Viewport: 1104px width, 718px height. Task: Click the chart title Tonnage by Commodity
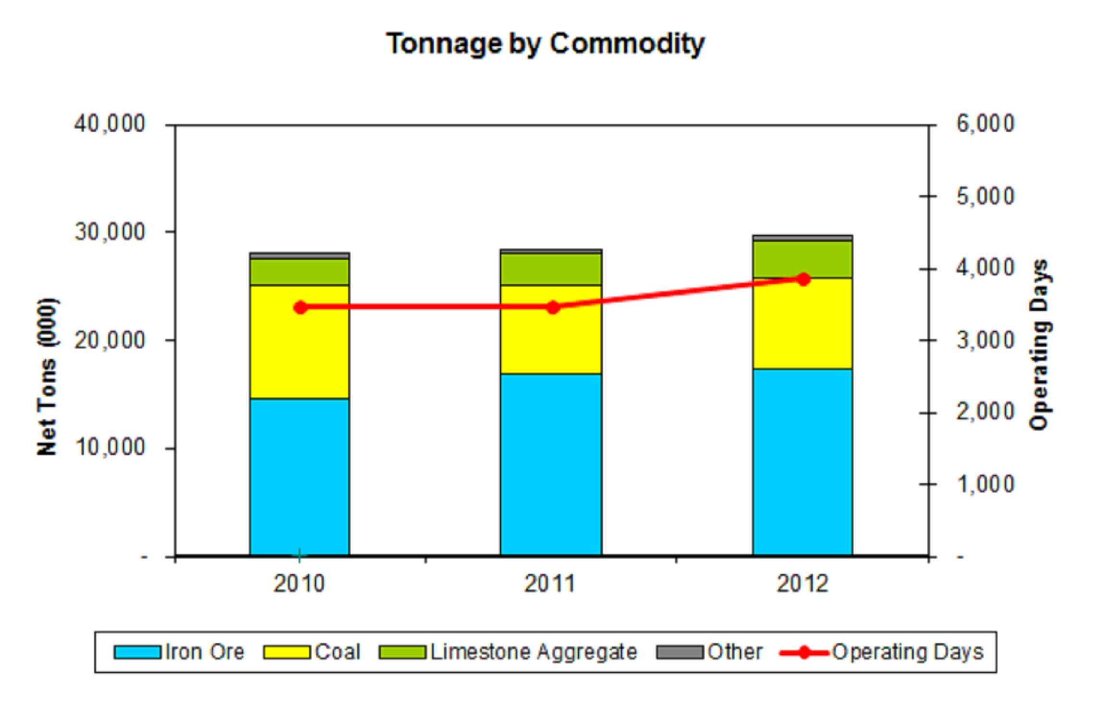point(545,44)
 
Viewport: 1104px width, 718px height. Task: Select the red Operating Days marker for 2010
point(300,308)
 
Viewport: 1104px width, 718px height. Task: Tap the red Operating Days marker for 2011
point(553,308)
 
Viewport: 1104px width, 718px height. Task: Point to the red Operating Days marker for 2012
point(804,279)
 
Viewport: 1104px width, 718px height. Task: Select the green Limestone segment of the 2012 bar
point(803,259)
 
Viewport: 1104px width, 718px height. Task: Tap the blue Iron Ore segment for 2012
point(803,462)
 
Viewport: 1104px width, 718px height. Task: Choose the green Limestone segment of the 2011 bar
point(551,269)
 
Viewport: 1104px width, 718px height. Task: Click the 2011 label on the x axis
point(550,584)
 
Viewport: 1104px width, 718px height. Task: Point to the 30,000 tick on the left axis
point(110,232)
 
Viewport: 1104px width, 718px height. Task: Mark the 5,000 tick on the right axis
point(985,196)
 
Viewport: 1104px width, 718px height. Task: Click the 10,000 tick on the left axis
point(110,448)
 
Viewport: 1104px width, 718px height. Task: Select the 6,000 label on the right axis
point(985,124)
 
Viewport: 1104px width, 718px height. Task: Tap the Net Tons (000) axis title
point(47,377)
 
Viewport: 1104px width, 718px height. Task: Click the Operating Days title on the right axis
point(1039,345)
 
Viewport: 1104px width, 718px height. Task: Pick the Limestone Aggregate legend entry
point(533,652)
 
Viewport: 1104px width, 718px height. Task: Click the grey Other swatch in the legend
point(679,652)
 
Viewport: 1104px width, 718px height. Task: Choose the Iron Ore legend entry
point(204,652)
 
